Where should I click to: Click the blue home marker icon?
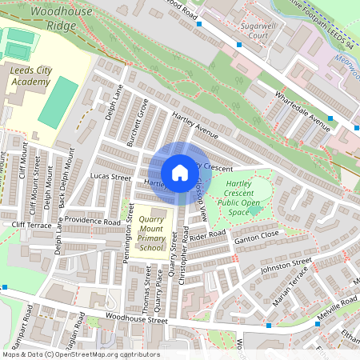point(180,172)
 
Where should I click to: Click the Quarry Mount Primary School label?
point(151,233)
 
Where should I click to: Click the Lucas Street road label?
point(110,176)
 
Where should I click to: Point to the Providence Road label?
point(92,220)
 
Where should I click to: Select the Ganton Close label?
point(256,234)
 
